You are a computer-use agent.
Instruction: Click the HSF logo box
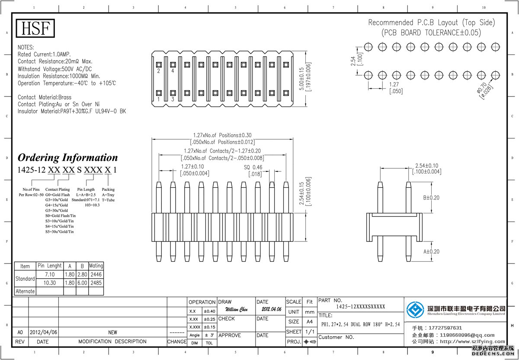click(x=35, y=29)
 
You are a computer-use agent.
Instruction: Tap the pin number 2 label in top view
click(x=159, y=71)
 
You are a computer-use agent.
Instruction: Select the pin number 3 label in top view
click(x=173, y=100)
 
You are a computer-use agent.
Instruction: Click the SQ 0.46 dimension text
click(x=253, y=167)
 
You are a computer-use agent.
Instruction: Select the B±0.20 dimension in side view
click(x=431, y=197)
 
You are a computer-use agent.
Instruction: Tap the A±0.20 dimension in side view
click(x=431, y=251)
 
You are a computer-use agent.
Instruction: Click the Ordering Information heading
click(x=67, y=157)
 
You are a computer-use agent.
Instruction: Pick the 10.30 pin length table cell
click(x=50, y=283)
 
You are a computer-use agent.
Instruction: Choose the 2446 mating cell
click(x=96, y=274)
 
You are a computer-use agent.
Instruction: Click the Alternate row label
click(x=25, y=291)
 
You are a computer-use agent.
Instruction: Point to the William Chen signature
click(x=237, y=309)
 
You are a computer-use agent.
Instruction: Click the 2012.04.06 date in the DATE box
click(x=271, y=309)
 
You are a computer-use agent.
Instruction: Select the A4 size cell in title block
click(x=310, y=322)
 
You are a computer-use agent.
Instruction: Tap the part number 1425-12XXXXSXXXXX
click(x=360, y=307)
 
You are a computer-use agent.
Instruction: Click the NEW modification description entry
click(x=112, y=332)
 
